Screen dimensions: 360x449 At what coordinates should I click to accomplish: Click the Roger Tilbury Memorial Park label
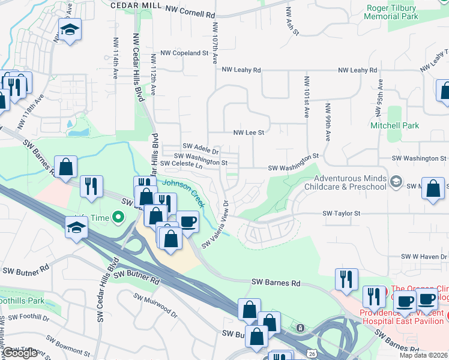click(391, 13)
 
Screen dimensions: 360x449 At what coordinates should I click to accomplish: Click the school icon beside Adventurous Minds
click(396, 181)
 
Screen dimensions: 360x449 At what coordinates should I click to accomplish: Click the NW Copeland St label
click(186, 53)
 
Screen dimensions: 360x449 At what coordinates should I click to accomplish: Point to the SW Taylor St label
click(341, 213)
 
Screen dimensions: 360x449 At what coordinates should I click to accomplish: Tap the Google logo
click(20, 353)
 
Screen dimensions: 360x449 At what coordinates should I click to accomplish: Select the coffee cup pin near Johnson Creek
click(188, 221)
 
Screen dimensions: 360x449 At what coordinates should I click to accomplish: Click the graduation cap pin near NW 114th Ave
click(70, 29)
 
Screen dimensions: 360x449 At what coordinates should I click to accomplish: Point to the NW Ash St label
click(292, 21)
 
